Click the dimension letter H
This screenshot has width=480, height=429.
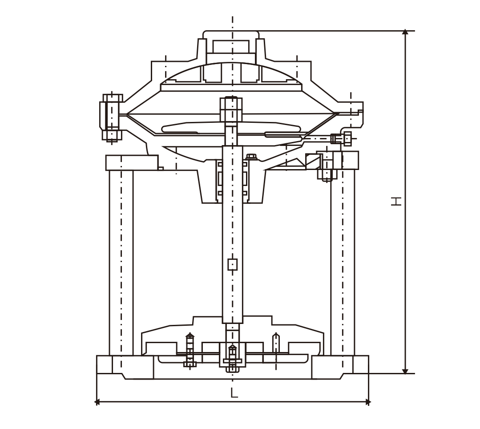(396, 201)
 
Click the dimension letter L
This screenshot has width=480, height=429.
(234, 393)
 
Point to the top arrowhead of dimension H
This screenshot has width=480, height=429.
(405, 32)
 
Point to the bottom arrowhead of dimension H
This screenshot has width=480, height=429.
(405, 371)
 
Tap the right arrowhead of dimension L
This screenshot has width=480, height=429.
(368, 402)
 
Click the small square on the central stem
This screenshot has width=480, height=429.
(233, 265)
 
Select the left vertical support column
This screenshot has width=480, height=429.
(121, 263)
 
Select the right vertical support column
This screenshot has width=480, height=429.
(343, 263)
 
